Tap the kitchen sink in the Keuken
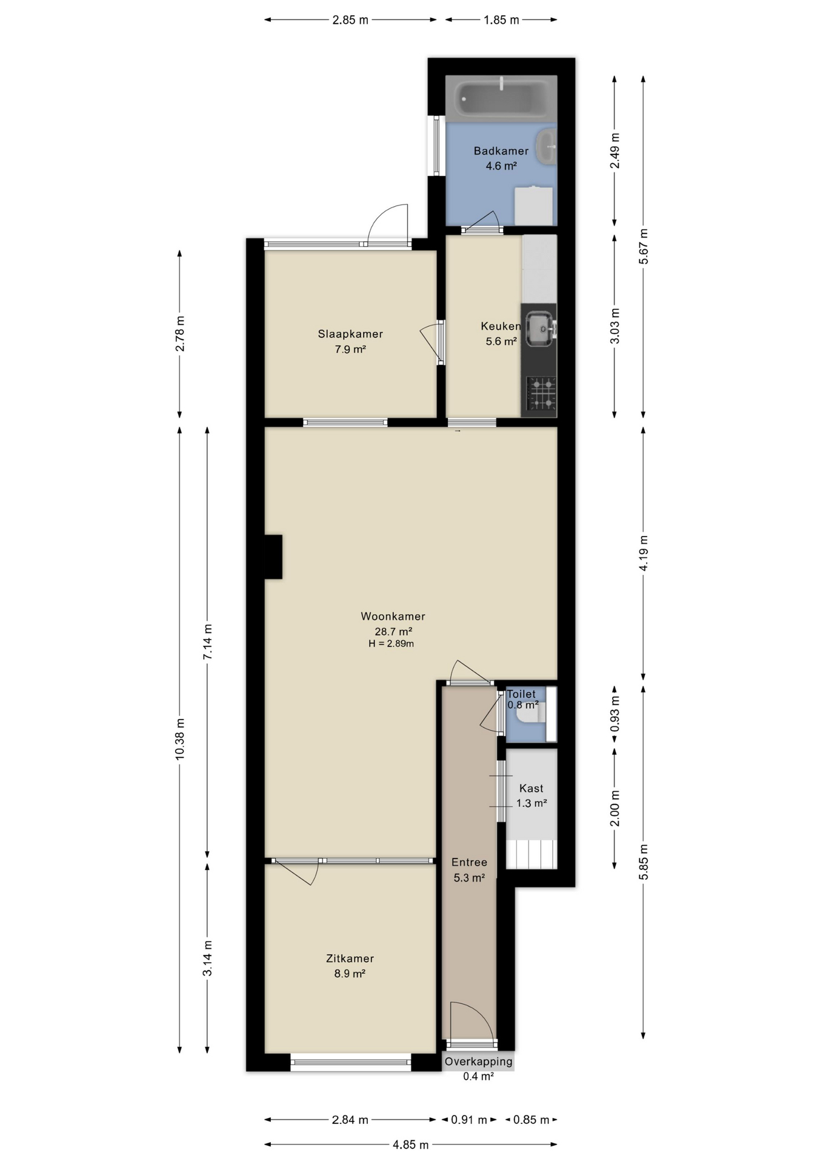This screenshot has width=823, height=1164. click(539, 328)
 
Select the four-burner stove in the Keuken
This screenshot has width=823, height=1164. click(541, 393)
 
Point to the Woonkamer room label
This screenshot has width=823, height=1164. click(393, 616)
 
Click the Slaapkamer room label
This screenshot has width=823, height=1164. click(350, 333)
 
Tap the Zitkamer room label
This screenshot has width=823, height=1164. click(350, 958)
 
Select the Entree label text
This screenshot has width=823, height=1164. click(469, 862)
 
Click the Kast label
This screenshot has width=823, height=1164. click(531, 788)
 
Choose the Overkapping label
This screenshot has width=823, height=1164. click(478, 1062)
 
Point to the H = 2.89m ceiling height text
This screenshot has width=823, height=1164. click(391, 644)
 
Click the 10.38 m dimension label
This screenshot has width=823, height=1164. click(179, 739)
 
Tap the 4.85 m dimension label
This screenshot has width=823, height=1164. click(410, 1145)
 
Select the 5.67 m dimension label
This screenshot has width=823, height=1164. click(644, 246)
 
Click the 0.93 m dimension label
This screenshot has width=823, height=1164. click(615, 713)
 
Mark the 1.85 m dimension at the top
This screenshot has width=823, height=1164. click(501, 20)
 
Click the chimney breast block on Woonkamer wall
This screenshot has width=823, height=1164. click(273, 557)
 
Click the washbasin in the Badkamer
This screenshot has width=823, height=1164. click(549, 146)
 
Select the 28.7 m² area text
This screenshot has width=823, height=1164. click(393, 631)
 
